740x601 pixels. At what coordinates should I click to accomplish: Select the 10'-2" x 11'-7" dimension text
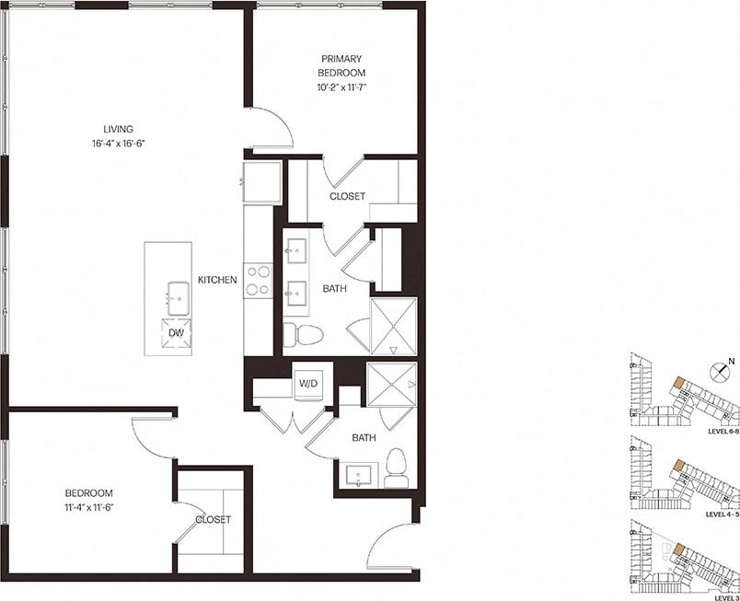[x=341, y=87]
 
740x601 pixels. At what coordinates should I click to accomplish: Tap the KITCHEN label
[x=218, y=280]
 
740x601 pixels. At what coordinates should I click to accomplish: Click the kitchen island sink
[x=174, y=297]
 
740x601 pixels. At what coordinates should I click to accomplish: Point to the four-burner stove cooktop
[x=257, y=280]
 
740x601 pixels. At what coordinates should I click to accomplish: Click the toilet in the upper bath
[x=301, y=333]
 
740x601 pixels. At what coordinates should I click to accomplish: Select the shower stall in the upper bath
[x=393, y=325]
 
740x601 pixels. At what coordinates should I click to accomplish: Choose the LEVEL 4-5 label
[x=722, y=515]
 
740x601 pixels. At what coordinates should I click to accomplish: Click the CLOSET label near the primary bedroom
[x=347, y=196]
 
